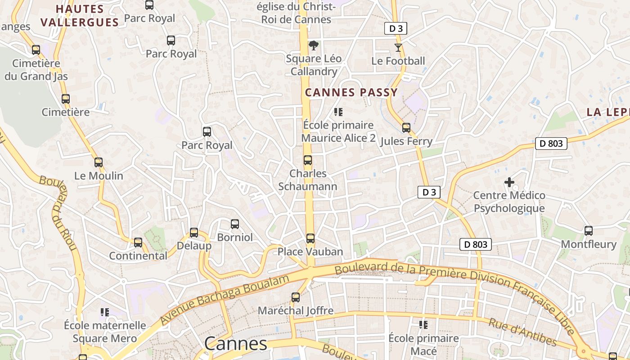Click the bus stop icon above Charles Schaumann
point(308,160)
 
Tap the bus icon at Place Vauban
point(310,238)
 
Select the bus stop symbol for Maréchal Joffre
point(296,297)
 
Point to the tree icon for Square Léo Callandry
point(314,45)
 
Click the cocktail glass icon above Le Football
point(398,47)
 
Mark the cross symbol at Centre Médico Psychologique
point(509,182)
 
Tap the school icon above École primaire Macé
point(423,324)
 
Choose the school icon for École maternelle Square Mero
point(105,312)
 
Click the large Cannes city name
point(236,344)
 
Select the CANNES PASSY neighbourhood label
point(351,93)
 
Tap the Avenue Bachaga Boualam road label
point(225,299)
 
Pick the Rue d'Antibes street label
point(522,332)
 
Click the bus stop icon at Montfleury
point(589,231)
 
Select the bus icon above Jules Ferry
point(406,128)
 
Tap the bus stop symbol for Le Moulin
point(99,162)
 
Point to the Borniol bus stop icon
point(235,224)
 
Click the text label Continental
point(138,256)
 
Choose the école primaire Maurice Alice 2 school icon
point(338,112)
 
